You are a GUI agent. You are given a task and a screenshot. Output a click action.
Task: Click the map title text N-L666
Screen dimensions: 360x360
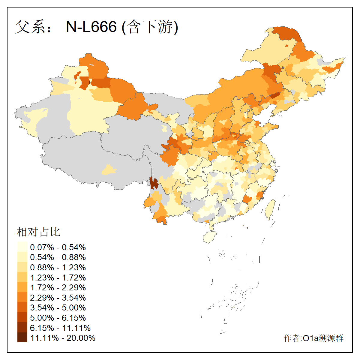91,27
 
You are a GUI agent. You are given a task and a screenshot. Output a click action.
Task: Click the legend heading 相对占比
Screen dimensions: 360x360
38,232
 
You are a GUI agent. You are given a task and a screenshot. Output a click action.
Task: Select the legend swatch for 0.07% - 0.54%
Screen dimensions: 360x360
22,247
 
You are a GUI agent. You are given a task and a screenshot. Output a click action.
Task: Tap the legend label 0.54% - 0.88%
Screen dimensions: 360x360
58,257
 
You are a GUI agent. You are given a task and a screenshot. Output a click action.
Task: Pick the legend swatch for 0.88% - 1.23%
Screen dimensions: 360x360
22,267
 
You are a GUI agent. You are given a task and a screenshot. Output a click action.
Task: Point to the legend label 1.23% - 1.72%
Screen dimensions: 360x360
58,277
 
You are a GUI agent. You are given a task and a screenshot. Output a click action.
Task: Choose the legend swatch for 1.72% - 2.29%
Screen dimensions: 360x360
22,287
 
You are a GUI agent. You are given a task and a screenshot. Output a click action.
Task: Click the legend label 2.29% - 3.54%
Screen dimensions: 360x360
58,298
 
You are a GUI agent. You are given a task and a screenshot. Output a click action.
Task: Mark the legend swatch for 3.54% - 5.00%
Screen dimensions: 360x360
22,307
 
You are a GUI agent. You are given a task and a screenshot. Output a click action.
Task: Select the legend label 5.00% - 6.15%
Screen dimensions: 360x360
58,318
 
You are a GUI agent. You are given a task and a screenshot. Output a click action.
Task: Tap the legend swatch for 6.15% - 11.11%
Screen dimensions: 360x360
22,328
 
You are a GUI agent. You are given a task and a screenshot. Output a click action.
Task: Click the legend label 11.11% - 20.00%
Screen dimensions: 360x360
63,338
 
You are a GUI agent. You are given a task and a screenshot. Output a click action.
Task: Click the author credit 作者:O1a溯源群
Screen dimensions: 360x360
313,338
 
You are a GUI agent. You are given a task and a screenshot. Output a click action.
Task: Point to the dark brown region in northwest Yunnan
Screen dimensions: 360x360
154,183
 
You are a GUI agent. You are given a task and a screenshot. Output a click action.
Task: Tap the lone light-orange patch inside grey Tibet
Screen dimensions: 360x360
109,170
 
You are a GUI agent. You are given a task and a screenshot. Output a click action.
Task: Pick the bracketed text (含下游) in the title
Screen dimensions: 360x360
150,27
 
